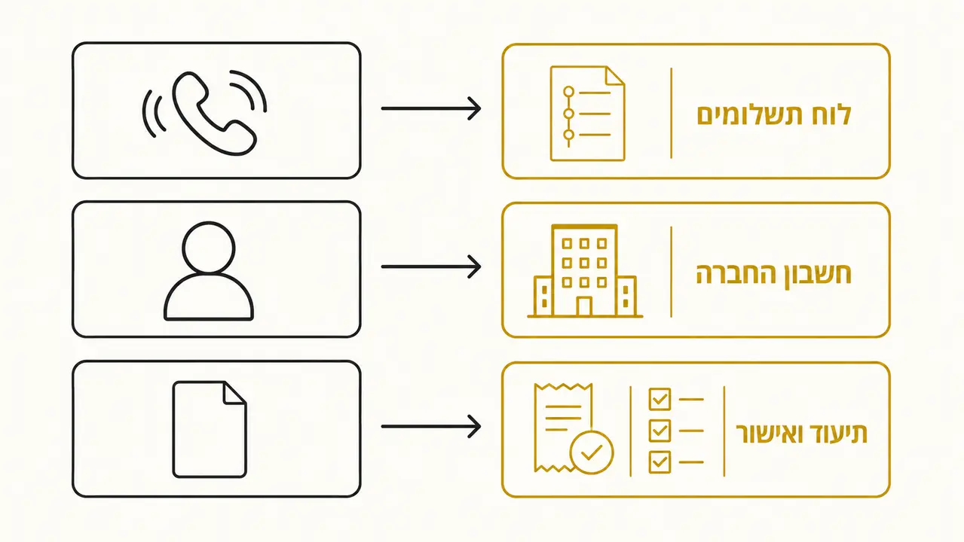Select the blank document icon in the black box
[210, 429]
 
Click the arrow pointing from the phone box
[431, 108]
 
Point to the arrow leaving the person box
[431, 267]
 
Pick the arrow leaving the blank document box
[431, 426]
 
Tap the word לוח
[831, 114]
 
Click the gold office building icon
[585, 271]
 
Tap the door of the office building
[584, 306]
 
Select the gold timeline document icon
[587, 114]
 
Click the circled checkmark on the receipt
[592, 452]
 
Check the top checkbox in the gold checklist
[659, 399]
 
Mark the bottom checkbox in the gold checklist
[659, 462]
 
